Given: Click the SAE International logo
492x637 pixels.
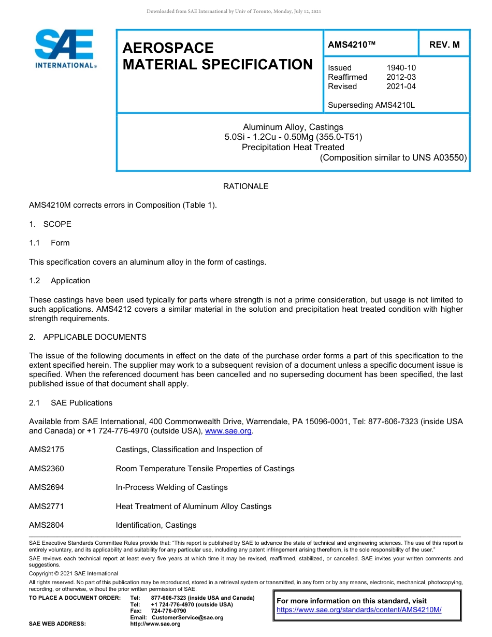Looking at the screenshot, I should (64, 49).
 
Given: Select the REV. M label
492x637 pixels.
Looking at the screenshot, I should (444, 45).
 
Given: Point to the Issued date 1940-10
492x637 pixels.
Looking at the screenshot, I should (401, 68).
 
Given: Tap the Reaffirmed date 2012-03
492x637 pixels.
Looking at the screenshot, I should (401, 77).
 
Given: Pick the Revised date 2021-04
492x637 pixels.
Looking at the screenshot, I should (401, 86).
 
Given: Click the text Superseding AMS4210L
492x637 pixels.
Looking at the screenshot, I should (371, 105).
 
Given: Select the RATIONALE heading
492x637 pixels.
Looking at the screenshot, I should (245, 186).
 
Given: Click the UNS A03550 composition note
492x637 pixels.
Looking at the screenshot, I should (394, 157).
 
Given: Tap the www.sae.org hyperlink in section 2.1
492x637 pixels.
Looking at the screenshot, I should (228, 431).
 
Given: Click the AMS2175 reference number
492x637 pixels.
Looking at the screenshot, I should (47, 450).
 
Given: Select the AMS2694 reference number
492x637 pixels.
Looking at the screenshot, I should (47, 487).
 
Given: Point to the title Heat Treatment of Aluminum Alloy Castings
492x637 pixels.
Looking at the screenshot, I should (193, 506).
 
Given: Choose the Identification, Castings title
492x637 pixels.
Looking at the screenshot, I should (156, 525).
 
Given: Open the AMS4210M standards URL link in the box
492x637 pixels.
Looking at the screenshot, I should (359, 610).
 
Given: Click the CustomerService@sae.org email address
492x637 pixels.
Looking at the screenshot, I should (187, 617).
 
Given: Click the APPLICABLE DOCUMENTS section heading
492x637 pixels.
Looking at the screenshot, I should (94, 337).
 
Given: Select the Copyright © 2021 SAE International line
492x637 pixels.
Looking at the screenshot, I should (74, 573).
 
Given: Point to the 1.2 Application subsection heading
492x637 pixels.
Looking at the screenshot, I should (70, 281).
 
